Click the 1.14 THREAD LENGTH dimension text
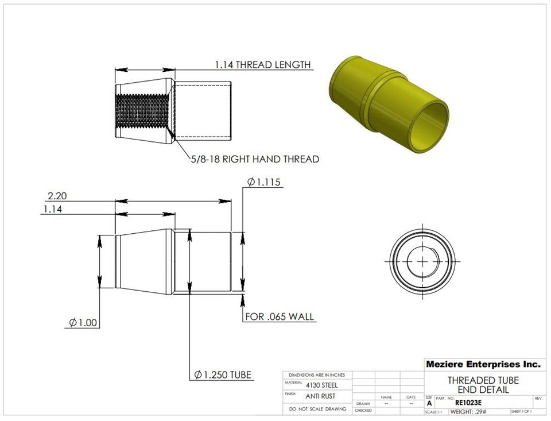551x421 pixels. pos(262,64)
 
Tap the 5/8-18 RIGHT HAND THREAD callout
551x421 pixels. pos(255,159)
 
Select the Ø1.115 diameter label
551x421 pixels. pos(263,182)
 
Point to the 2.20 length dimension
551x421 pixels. pos(57,196)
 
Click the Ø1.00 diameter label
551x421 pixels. pos(83,323)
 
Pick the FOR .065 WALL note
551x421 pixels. pos(280,316)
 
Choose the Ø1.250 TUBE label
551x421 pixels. pos(223,375)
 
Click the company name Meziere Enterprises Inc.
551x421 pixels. pos(483,364)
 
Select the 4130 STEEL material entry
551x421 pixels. pos(321,385)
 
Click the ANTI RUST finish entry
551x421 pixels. pos(321,396)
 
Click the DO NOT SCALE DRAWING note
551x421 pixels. pos(317,409)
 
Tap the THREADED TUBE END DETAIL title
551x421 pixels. pos(483,385)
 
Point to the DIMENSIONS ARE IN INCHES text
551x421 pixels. pos(317,374)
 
